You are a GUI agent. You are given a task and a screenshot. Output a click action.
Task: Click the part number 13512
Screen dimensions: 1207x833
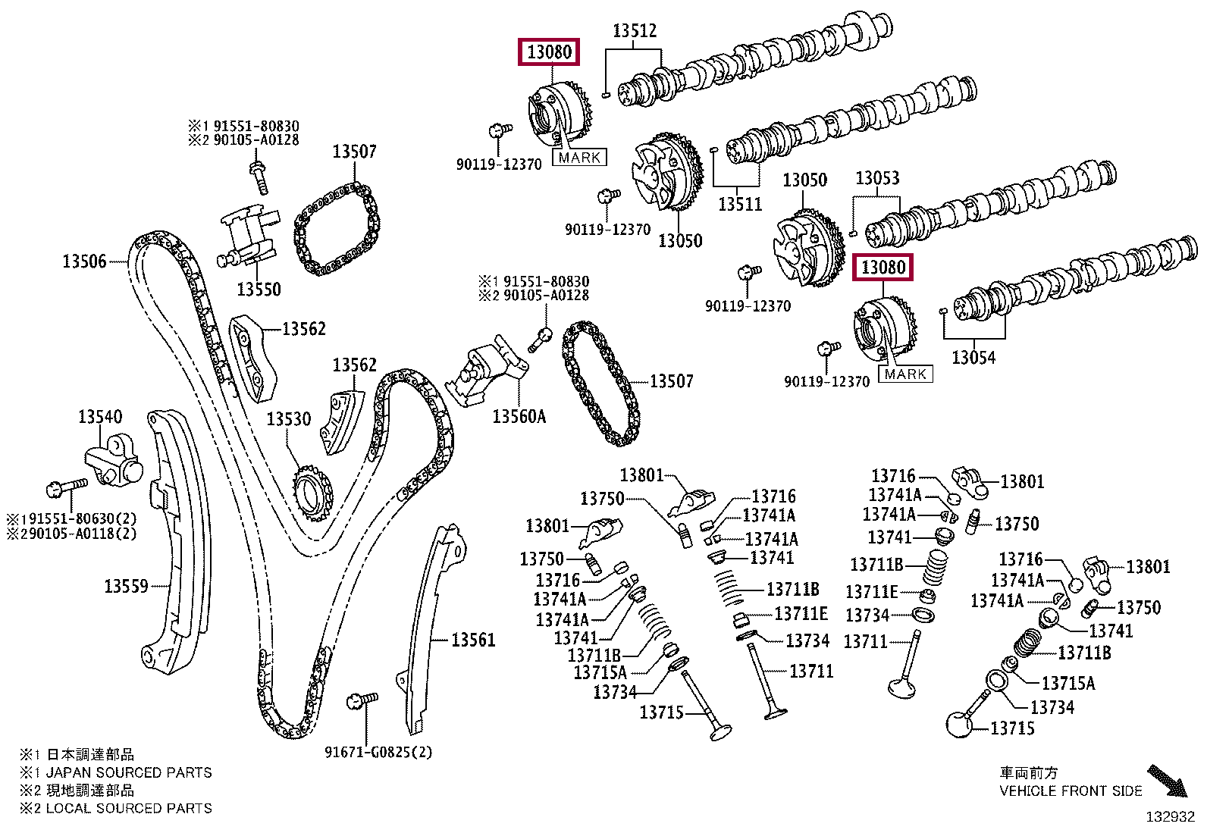pos(635,31)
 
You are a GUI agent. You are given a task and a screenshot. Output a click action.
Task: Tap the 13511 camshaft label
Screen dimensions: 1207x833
pos(740,204)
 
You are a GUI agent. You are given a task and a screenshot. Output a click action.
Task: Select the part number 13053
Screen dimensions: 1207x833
pos(877,178)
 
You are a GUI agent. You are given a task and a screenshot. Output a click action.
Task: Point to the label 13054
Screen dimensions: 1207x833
pos(973,357)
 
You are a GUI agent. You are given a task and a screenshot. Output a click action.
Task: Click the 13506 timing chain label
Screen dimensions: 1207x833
pos(85,261)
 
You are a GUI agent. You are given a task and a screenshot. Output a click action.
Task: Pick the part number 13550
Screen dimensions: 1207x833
pos(259,290)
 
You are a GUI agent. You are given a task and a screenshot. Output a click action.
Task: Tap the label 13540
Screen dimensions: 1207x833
pos(100,417)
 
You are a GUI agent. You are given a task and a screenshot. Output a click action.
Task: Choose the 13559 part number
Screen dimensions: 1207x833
pos(126,586)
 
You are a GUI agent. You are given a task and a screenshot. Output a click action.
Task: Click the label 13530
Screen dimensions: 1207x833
pos(289,419)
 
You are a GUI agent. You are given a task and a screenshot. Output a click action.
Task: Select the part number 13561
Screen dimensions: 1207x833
pos(473,640)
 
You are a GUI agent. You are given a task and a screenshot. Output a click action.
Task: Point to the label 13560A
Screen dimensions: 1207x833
pos(519,417)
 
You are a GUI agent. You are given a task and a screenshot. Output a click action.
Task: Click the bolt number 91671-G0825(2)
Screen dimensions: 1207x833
pos(378,752)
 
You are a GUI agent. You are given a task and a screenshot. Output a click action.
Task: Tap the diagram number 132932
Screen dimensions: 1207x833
pos(1171,817)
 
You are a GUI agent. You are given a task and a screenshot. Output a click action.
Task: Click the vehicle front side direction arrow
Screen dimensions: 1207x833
pos(1167,780)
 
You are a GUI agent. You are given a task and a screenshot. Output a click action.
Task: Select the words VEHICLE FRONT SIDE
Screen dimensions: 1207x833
pos(1071,791)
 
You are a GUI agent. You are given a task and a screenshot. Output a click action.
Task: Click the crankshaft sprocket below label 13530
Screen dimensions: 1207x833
pos(312,493)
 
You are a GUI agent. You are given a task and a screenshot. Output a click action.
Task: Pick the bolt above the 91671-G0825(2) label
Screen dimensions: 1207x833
pos(362,701)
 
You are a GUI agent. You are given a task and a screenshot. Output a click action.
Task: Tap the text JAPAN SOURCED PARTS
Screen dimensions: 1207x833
pos(129,772)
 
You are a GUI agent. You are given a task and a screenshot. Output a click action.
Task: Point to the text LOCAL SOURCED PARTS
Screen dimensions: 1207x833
pos(129,808)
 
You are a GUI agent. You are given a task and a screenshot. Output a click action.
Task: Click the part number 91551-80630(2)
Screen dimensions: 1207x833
pos(79,519)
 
